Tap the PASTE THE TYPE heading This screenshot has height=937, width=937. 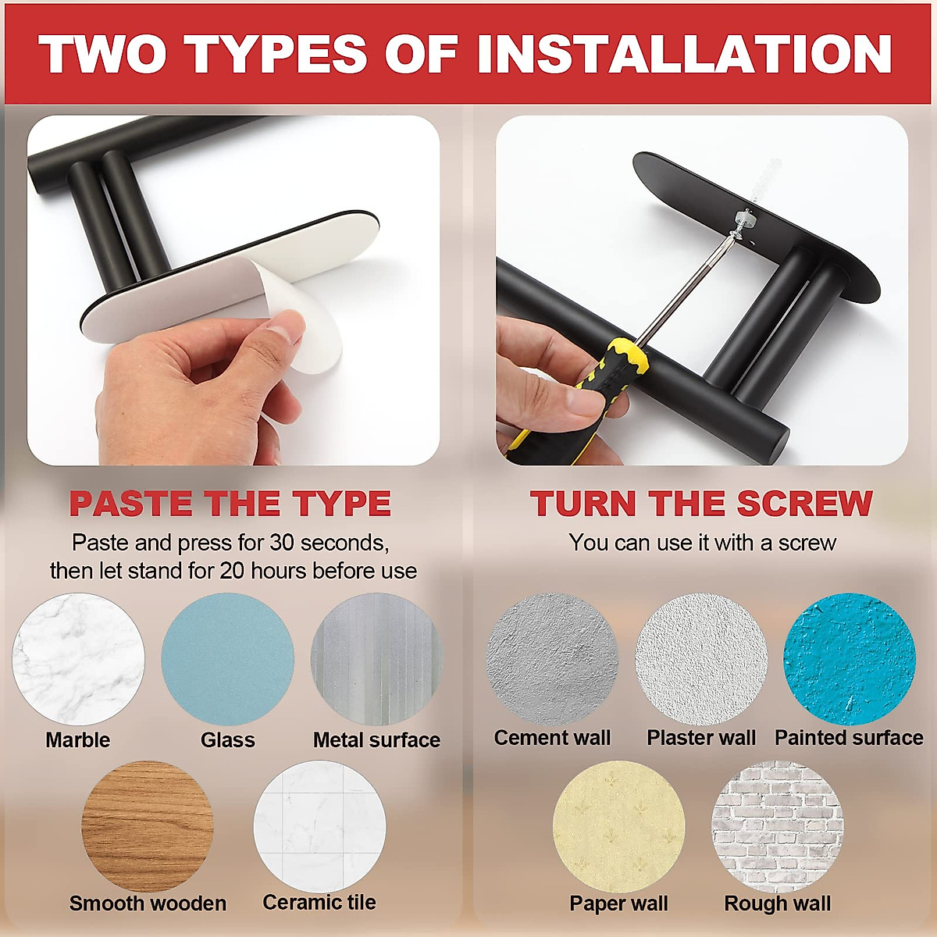[230, 504]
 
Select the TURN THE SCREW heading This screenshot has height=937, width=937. [701, 504]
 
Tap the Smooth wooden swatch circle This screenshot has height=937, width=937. [148, 826]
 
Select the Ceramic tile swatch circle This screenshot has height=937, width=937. [319, 826]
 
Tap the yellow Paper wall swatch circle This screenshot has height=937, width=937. [618, 826]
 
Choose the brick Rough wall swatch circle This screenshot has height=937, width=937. [778, 826]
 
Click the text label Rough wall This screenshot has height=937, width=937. [778, 903]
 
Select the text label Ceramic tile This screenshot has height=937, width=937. [319, 903]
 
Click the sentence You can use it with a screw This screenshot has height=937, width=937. [702, 543]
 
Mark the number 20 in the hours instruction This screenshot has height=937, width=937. [233, 571]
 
